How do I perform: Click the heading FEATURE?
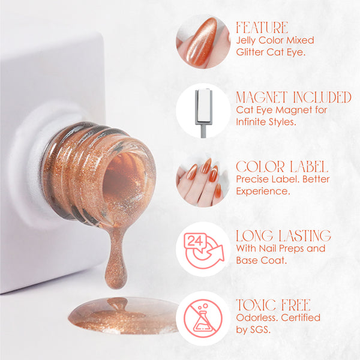(x=262, y=28)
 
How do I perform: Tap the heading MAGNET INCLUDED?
(x=293, y=97)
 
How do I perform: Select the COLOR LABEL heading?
(x=282, y=166)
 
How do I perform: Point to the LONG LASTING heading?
(x=284, y=236)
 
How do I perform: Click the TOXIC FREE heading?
(x=273, y=305)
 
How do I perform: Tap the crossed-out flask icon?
(x=203, y=318)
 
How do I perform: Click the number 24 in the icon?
(x=195, y=241)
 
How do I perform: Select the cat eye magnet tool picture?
(x=203, y=113)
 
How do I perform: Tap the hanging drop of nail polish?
(x=116, y=259)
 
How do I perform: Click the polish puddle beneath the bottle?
(x=124, y=315)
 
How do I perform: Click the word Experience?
(x=263, y=191)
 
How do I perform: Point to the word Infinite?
(x=251, y=122)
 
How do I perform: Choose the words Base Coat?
(x=262, y=260)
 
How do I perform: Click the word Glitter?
(x=250, y=52)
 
